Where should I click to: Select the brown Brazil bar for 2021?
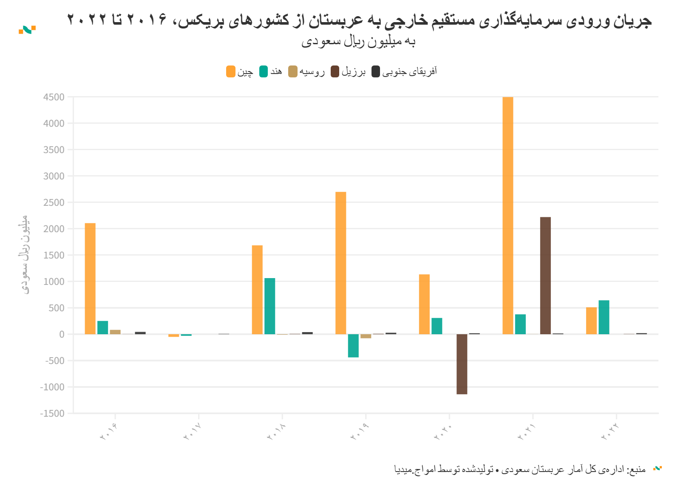click(545, 276)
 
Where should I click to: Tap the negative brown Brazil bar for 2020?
click(462, 364)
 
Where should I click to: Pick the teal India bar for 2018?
click(269, 306)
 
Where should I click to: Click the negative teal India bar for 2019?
click(353, 346)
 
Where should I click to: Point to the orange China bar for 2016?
click(90, 279)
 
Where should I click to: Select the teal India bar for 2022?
click(604, 317)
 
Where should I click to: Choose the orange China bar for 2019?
click(340, 263)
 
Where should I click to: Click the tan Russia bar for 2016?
click(115, 332)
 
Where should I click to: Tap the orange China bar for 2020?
click(424, 304)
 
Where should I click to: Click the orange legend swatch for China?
click(231, 71)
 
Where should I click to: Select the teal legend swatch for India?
click(264, 71)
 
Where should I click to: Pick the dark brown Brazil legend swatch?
click(335, 71)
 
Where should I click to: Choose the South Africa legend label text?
click(409, 71)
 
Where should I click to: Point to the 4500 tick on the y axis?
click(54, 97)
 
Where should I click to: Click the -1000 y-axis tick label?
click(52, 387)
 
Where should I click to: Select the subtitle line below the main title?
click(358, 42)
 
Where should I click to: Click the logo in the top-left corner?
click(27, 29)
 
